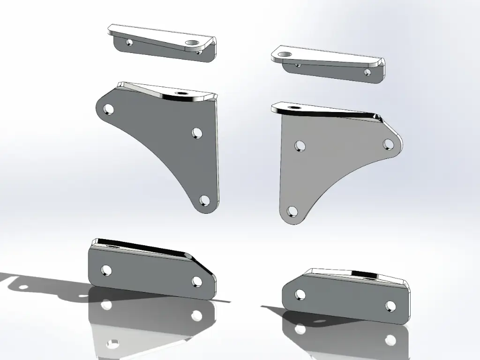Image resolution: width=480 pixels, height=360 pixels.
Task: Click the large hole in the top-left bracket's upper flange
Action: (x=192, y=44)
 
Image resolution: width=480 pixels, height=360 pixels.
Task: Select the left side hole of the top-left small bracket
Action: (x=129, y=43)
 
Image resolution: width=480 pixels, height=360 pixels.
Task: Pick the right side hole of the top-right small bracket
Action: (x=367, y=72)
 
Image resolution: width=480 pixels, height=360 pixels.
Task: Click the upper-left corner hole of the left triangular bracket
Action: (x=109, y=110)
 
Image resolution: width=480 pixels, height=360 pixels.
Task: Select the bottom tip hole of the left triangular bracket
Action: (x=204, y=201)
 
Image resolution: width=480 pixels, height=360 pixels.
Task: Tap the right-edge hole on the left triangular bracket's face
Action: (x=197, y=133)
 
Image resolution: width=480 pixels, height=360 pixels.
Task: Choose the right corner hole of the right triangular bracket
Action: (x=388, y=144)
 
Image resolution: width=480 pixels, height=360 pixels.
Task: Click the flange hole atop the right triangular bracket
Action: (x=295, y=107)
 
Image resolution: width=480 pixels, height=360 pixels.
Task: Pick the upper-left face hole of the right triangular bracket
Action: (x=300, y=145)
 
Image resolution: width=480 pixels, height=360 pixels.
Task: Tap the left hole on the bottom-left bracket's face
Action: (x=106, y=270)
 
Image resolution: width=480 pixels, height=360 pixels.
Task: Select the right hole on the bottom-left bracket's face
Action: (x=197, y=281)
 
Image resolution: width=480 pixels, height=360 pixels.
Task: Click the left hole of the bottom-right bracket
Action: (x=300, y=294)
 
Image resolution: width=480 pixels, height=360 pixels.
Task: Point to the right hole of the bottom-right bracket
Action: (x=390, y=306)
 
